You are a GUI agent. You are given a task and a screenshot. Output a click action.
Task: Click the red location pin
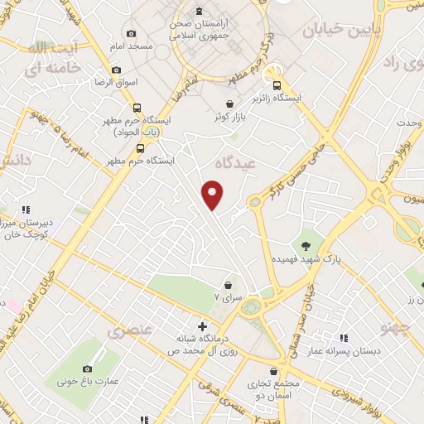[x=214, y=194]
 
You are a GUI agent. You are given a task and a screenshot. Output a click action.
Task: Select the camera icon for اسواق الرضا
[x=115, y=70]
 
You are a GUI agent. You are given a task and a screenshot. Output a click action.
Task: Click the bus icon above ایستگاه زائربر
[x=276, y=84]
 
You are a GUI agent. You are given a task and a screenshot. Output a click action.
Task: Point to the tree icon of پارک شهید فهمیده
[x=306, y=244]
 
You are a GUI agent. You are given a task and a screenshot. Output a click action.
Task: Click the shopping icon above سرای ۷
[x=228, y=285]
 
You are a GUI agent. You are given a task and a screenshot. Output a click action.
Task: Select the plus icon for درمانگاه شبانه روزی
[x=202, y=327]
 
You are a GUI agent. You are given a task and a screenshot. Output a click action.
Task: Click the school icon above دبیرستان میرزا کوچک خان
[x=26, y=210]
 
